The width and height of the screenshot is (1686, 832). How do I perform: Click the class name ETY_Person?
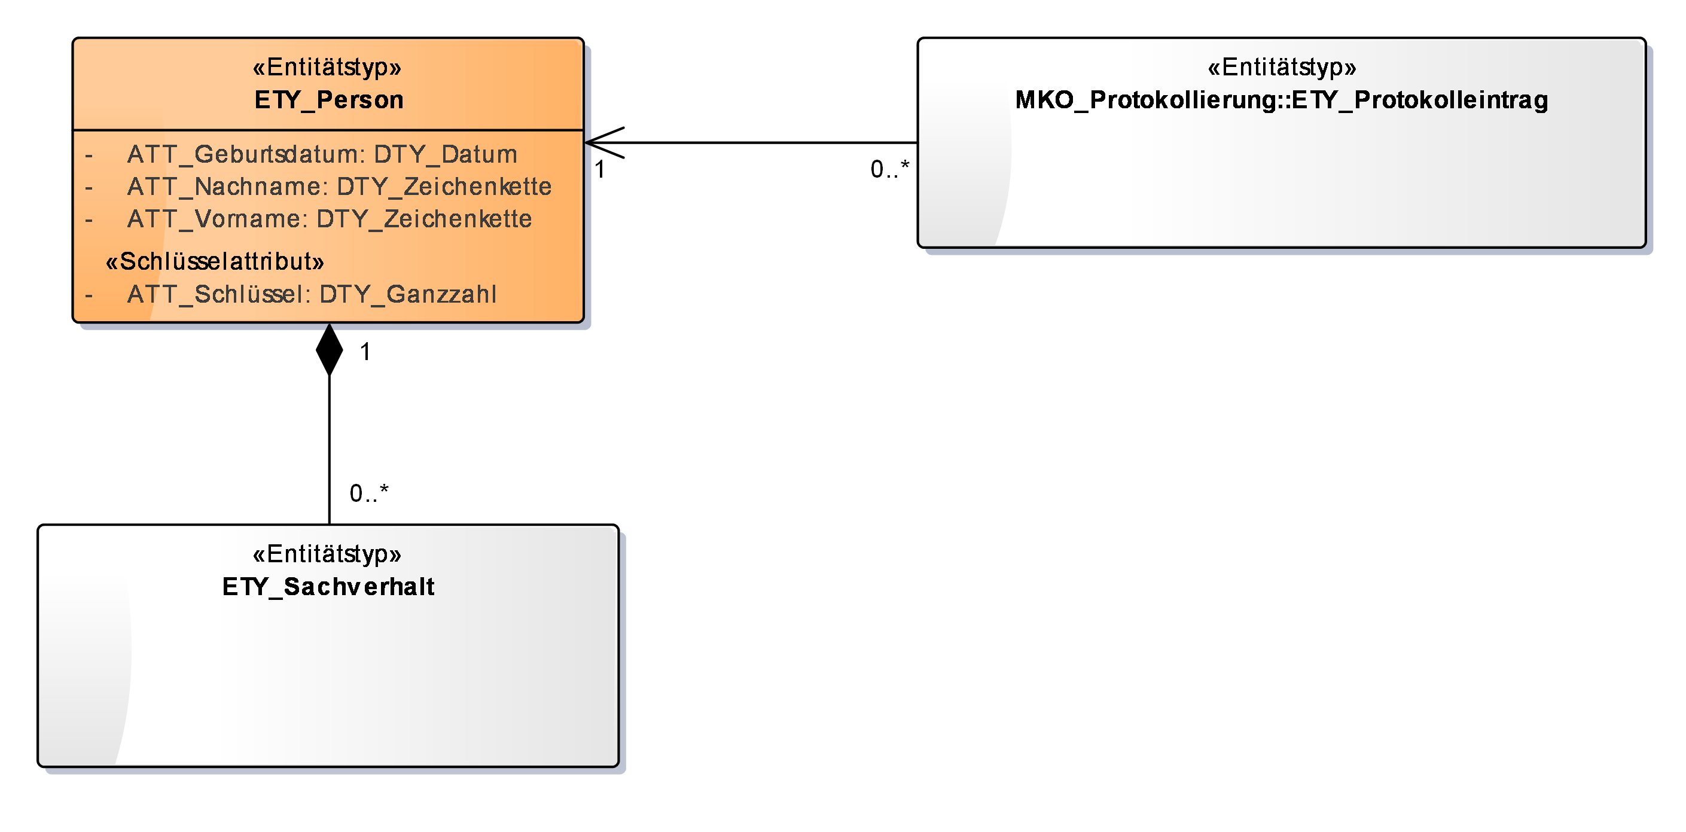click(328, 100)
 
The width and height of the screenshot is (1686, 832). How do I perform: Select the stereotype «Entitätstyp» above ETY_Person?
click(327, 68)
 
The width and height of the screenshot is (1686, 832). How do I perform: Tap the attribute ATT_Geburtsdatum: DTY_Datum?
click(322, 154)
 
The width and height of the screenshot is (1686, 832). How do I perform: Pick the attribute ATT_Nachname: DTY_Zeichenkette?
click(339, 187)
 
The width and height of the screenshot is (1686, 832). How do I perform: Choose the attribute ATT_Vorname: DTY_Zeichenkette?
click(329, 219)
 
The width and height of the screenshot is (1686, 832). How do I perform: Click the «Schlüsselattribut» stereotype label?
click(215, 262)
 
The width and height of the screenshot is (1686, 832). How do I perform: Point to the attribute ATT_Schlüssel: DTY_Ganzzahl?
click(312, 294)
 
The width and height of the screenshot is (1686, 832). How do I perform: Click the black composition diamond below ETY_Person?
click(329, 351)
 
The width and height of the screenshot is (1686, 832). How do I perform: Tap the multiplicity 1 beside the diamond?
click(365, 352)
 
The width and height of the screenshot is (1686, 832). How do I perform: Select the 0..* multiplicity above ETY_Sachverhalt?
click(368, 493)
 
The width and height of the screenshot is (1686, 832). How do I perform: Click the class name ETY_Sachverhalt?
click(328, 587)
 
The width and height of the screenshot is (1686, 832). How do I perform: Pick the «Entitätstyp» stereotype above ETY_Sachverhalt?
click(327, 554)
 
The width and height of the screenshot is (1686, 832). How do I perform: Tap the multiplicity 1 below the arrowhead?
click(599, 169)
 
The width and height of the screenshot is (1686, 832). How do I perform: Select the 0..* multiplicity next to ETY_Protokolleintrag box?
click(889, 169)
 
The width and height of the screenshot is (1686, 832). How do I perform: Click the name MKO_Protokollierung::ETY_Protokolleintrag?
click(1282, 100)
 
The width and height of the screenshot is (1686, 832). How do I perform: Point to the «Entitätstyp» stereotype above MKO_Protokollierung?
click(1282, 68)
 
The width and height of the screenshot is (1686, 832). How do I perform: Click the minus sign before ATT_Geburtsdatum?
click(89, 156)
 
